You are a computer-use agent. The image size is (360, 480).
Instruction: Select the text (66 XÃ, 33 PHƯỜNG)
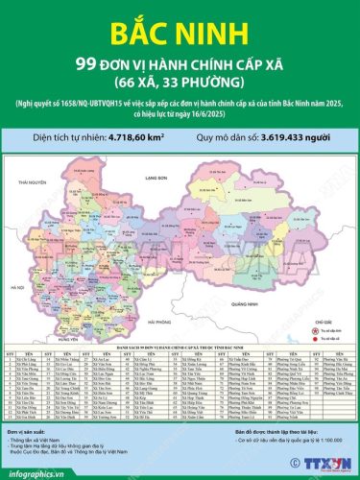[180, 84]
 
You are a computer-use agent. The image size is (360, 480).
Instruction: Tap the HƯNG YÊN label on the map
[66, 340]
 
